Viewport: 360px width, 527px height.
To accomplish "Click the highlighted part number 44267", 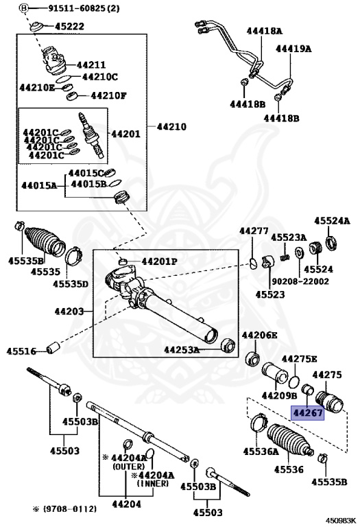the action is (308, 412).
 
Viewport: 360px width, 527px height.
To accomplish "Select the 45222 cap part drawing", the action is (36, 27).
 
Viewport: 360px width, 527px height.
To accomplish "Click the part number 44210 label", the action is (171, 127).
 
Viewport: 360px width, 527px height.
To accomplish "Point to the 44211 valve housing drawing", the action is (53, 60).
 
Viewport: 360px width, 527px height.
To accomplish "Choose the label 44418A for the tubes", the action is (264, 32).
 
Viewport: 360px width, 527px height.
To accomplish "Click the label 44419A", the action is (293, 49).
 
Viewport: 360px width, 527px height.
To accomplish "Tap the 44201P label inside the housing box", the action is (159, 261).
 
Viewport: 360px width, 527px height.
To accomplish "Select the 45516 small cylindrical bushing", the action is (53, 347).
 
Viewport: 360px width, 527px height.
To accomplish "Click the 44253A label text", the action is (182, 350).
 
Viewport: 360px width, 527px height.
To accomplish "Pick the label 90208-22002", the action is (300, 281).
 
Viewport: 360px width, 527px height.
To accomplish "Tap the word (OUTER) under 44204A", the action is (129, 467).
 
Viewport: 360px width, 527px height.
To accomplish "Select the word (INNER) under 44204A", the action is (153, 483).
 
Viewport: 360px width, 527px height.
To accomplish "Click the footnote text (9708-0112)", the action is (69, 509).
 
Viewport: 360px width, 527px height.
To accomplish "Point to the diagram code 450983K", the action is (341, 522).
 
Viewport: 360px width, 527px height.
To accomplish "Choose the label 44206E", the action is (260, 335).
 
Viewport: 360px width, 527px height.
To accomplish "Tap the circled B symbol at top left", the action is (23, 8).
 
